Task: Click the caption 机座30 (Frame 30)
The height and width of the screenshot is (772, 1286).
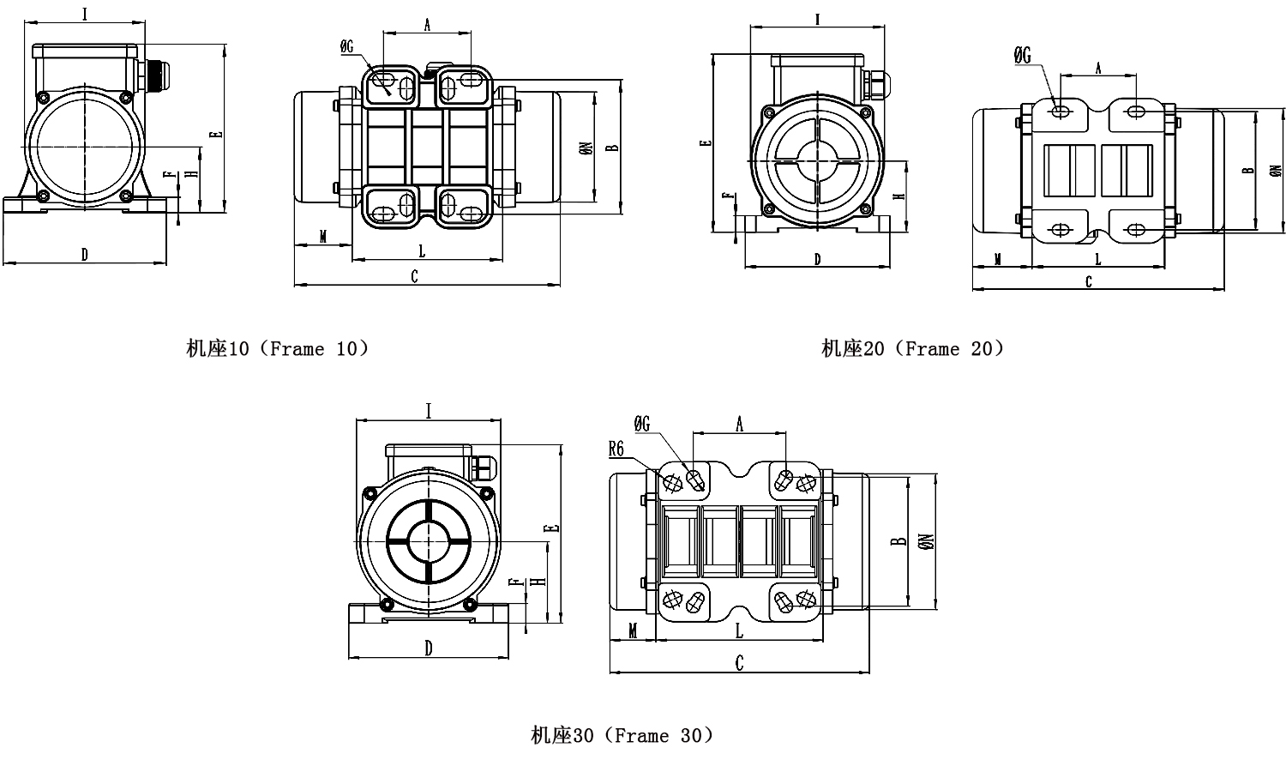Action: click(x=622, y=735)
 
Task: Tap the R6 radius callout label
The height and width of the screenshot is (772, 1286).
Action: click(x=617, y=448)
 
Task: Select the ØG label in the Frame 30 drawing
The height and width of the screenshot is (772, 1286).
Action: click(x=642, y=424)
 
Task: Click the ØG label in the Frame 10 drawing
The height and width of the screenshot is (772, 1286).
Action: click(x=347, y=48)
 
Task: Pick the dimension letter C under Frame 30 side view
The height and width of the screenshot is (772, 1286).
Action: click(x=740, y=662)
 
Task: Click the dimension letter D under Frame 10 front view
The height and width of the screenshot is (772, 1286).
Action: click(x=84, y=254)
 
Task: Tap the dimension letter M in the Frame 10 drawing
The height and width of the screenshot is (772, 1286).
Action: click(x=322, y=236)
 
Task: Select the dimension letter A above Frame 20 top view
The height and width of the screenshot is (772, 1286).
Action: click(x=1098, y=69)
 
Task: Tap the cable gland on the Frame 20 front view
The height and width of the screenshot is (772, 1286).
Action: click(x=875, y=84)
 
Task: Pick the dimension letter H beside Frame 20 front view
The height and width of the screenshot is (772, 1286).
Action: click(x=898, y=196)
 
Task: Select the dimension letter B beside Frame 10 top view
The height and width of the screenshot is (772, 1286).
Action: click(x=612, y=146)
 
